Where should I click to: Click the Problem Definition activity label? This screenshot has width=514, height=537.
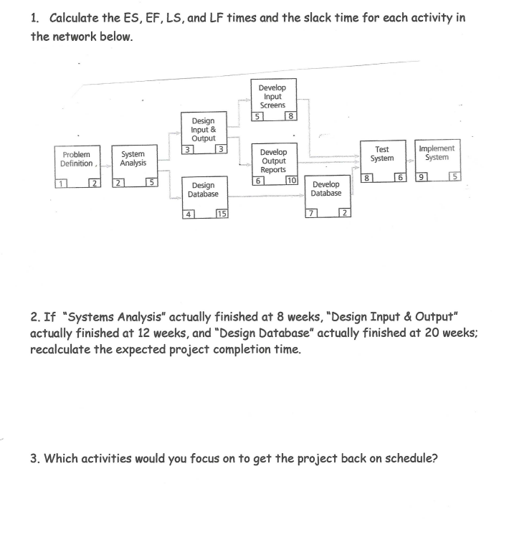[77, 158]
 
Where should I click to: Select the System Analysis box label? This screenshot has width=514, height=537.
[133, 158]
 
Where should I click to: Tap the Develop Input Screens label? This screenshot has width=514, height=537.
[272, 96]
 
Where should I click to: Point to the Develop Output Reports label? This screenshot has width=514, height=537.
[273, 161]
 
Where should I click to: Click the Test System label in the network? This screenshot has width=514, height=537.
[382, 153]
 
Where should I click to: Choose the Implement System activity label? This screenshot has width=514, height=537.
[437, 153]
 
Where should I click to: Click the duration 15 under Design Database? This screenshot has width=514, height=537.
[222, 214]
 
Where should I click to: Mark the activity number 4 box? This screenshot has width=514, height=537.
[189, 214]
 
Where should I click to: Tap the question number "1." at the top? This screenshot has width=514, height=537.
[35, 17]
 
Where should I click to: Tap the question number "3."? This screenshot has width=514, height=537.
[35, 459]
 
